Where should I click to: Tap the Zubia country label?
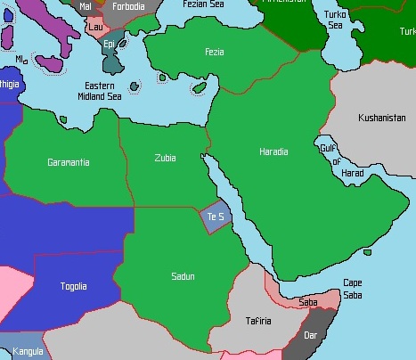(165, 158)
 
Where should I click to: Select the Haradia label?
(273, 151)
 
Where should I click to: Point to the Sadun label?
(183, 276)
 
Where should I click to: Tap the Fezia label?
(214, 52)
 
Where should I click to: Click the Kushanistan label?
(381, 118)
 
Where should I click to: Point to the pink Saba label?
(307, 303)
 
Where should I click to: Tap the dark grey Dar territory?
(310, 336)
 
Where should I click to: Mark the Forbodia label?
(128, 6)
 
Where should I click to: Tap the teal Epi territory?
(110, 44)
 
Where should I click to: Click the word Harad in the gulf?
(353, 173)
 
